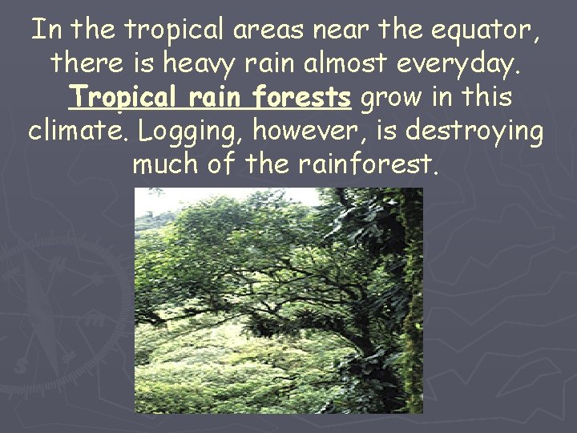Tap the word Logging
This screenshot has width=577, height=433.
pyautogui.click(x=185, y=132)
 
